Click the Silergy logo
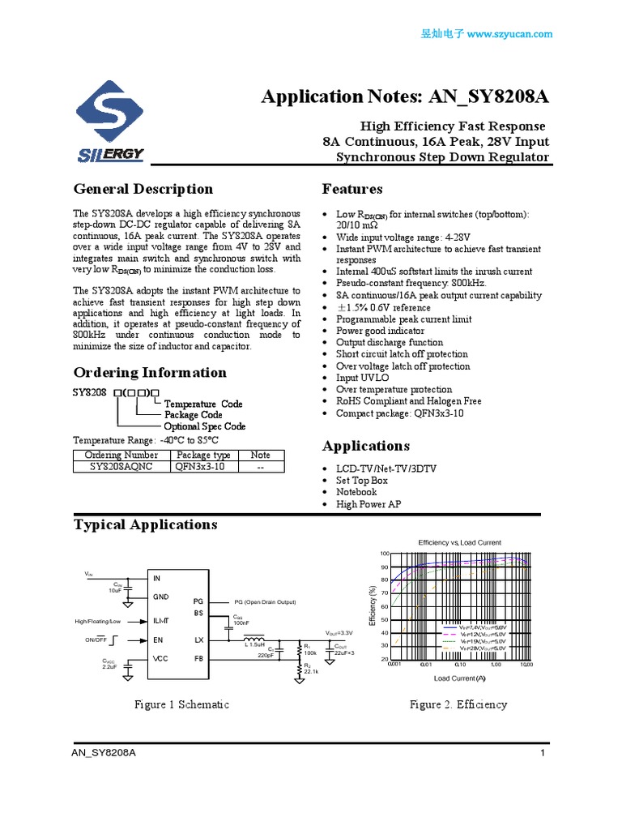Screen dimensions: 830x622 (109, 122)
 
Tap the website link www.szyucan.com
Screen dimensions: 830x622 (509, 34)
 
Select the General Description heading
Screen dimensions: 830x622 (143, 190)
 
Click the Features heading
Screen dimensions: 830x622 (352, 190)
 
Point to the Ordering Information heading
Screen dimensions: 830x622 (150, 373)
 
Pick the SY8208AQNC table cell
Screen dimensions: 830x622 (121, 467)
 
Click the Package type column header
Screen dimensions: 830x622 (203, 456)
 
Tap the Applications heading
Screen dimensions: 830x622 (365, 447)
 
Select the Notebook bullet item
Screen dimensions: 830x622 (356, 492)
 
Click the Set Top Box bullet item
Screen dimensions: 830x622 (362, 481)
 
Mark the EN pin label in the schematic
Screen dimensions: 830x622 (159, 640)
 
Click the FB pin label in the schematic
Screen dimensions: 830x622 (198, 658)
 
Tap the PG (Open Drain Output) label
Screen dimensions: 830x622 (265, 602)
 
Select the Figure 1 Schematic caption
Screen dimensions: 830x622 (181, 704)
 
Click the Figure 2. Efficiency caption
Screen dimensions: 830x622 (458, 704)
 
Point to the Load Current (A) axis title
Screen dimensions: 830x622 (459, 678)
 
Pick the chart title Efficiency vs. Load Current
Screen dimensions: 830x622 (459, 542)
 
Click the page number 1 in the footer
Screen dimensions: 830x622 (541, 754)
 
